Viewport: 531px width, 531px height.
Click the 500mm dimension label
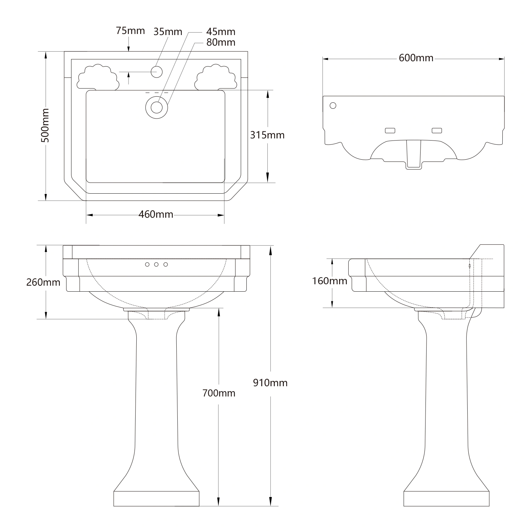pos(45,126)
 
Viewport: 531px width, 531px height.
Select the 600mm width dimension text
pos(416,58)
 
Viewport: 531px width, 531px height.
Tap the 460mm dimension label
pos(156,214)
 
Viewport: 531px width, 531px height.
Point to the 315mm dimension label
pos(267,135)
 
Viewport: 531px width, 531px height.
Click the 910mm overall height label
pos(270,383)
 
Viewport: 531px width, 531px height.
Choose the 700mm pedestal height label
pos(219,393)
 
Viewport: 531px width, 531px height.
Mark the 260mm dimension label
pos(43,282)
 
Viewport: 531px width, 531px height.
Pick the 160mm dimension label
pos(330,281)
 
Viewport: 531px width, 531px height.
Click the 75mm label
pos(130,31)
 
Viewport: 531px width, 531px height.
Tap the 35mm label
pos(168,32)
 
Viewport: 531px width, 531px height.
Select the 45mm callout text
pos(221,32)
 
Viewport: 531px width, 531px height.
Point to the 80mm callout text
pos(221,42)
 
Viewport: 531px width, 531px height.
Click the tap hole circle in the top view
pos(156,72)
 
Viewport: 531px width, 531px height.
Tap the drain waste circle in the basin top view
pos(156,107)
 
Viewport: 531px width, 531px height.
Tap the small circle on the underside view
pos(333,105)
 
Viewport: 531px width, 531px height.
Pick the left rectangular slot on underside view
pos(390,131)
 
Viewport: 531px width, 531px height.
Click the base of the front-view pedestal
pos(156,498)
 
